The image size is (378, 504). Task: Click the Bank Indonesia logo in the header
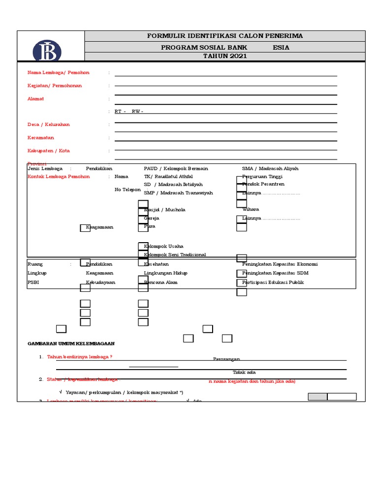[x=47, y=51]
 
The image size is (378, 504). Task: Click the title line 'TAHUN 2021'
[x=225, y=56]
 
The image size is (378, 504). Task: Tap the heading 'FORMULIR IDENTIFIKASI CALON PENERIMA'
[x=225, y=36]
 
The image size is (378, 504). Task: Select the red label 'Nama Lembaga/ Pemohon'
[x=59, y=73]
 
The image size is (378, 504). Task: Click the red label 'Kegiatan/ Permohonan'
[x=55, y=86]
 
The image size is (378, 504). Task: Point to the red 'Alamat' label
[x=36, y=98]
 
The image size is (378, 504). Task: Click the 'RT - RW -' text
[x=129, y=112]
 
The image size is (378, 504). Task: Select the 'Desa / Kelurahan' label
[x=49, y=125]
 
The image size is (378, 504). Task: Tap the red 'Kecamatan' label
[x=41, y=137]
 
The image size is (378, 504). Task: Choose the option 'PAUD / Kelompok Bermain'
[x=176, y=168]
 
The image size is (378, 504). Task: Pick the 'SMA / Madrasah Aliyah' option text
[x=270, y=168]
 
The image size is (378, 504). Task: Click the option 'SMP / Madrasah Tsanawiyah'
[x=178, y=193]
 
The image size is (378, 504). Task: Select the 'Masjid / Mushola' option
[x=164, y=210]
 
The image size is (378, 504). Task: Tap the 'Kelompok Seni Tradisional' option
[x=175, y=254]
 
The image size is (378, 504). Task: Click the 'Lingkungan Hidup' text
[x=165, y=273]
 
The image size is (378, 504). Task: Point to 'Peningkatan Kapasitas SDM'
[x=276, y=273]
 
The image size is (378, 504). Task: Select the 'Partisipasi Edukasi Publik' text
[x=273, y=283]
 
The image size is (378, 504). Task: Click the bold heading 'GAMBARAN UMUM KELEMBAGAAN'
[x=71, y=344]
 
